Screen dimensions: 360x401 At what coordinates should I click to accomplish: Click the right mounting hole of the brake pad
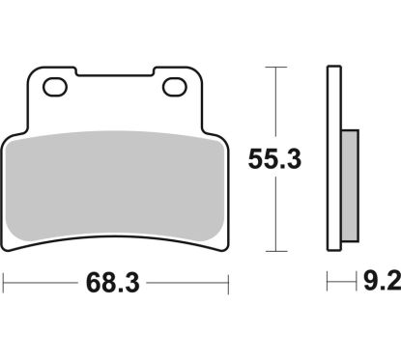(175, 87)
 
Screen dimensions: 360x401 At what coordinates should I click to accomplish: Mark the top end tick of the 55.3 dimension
(277, 67)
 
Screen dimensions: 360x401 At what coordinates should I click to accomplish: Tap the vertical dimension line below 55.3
(277, 212)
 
